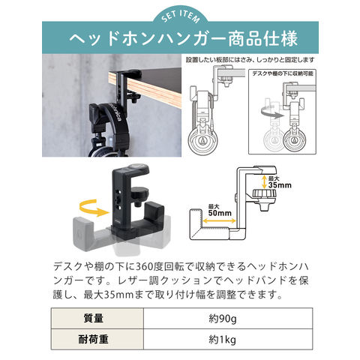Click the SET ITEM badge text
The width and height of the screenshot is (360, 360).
(x=181, y=16)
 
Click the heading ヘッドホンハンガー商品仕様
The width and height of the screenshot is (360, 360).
(x=184, y=39)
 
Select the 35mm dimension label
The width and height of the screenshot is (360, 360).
(x=280, y=182)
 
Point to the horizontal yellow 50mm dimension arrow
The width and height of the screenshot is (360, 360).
(x=219, y=220)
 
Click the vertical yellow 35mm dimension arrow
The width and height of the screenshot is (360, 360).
(x=264, y=182)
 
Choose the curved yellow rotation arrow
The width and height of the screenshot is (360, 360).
(x=94, y=208)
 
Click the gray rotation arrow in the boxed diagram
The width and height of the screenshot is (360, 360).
(x=272, y=114)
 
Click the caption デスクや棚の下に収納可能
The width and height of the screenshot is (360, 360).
(x=283, y=73)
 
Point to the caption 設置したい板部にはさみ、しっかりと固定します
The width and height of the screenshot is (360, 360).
(x=250, y=60)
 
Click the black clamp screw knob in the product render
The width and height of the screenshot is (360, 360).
(x=138, y=195)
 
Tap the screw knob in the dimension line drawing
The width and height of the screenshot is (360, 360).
(x=265, y=197)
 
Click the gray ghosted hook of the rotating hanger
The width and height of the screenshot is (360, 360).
(x=83, y=234)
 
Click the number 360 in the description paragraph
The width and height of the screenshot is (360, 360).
(x=145, y=267)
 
